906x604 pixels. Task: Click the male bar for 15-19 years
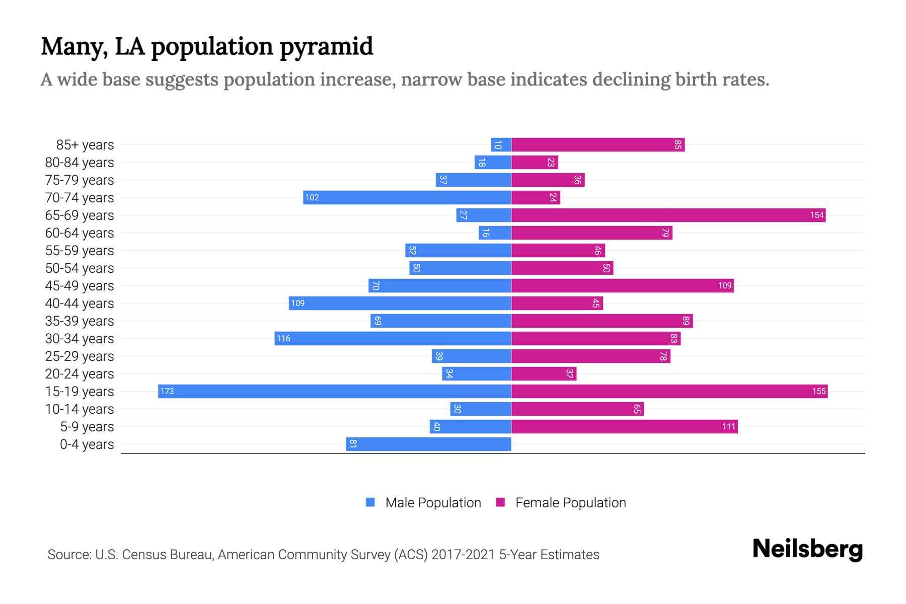tap(335, 391)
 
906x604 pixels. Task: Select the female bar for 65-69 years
tap(668, 215)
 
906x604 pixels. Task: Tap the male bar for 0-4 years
tap(428, 444)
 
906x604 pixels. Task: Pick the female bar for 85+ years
tap(598, 144)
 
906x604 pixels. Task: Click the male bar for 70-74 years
tap(407, 197)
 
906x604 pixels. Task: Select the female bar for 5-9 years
tap(624, 426)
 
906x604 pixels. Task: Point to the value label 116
tap(283, 338)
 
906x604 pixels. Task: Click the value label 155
tap(818, 391)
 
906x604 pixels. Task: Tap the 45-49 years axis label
tap(80, 285)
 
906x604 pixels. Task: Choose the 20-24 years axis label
tap(80, 373)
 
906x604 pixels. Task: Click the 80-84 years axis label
tap(80, 162)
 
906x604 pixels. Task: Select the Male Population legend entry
tap(432, 502)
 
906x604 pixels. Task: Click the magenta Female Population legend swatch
tap(500, 502)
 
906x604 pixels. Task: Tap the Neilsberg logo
tap(807, 549)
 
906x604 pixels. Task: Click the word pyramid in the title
tap(326, 46)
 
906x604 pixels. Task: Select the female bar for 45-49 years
tap(622, 285)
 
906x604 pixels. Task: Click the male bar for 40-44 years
tap(400, 303)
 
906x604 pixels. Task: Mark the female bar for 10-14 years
tap(577, 409)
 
